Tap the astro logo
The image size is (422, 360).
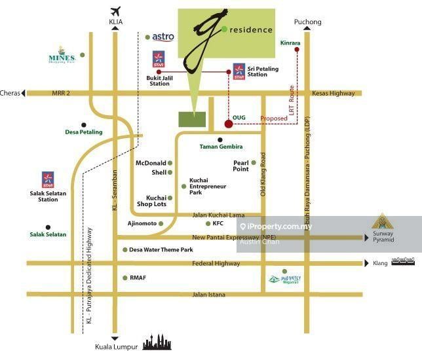[x=163, y=37]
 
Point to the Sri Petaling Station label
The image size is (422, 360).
[x=258, y=71]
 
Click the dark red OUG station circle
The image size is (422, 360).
[x=228, y=123]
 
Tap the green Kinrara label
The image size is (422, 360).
[x=290, y=43]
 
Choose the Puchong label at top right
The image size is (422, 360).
[x=308, y=22]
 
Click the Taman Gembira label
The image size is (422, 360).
[x=221, y=147]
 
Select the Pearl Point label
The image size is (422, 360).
[x=241, y=166]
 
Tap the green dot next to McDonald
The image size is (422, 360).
[x=170, y=163]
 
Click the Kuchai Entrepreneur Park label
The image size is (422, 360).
[x=208, y=187]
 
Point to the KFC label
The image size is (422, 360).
[x=220, y=223]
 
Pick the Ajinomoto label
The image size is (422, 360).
[x=142, y=223]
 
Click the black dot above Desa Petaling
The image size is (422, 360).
[x=84, y=124]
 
